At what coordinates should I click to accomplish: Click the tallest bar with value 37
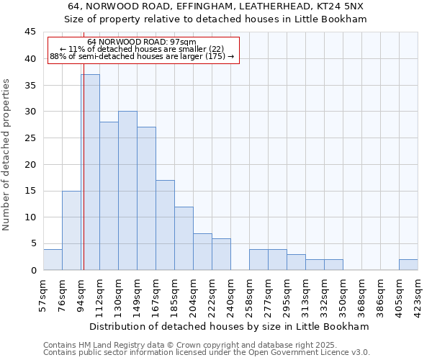pos(90,172)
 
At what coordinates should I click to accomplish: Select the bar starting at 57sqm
pos(53,259)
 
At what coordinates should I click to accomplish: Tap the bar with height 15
pos(71,230)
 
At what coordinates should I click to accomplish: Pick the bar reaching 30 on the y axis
pos(127,191)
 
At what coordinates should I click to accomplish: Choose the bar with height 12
pos(184,238)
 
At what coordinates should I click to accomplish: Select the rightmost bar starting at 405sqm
pos(408,264)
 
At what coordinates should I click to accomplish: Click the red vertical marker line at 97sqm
pos(84,180)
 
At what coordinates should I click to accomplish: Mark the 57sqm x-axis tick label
pos(43,295)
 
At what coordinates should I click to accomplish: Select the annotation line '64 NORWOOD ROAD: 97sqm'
pos(141,42)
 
